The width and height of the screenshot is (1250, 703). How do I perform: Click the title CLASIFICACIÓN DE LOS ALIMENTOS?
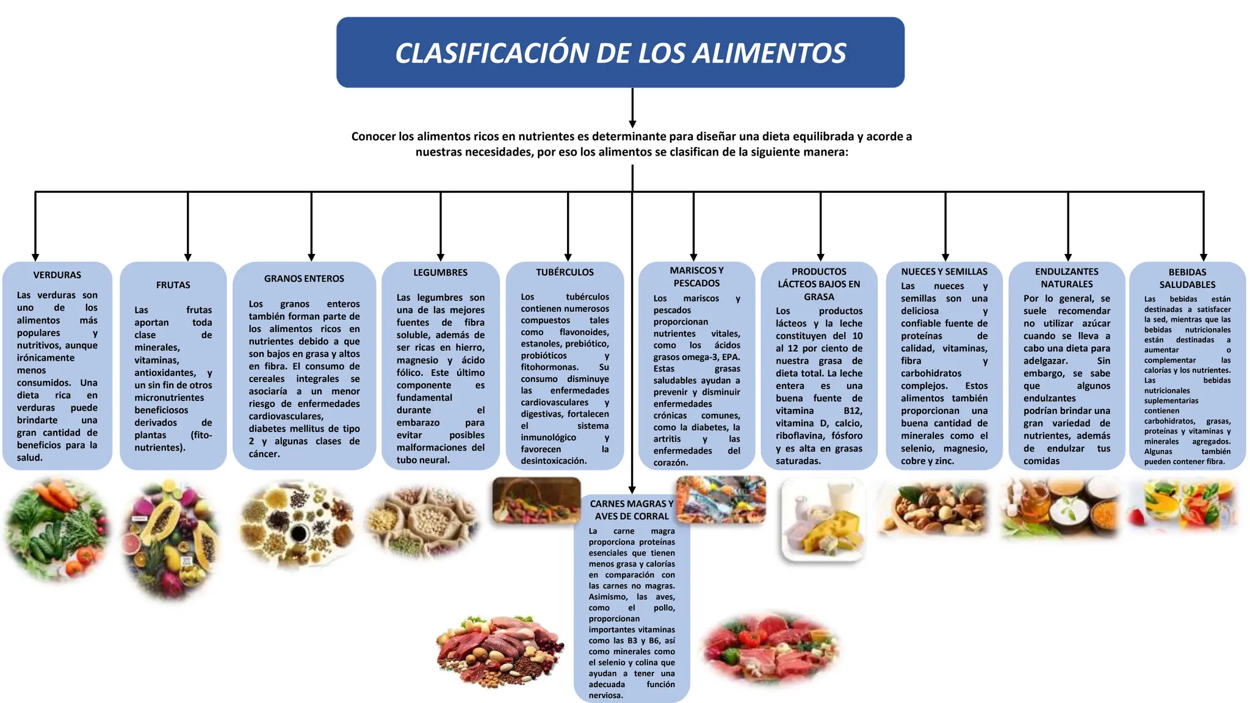point(620,52)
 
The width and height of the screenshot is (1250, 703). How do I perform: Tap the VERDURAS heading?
point(57,275)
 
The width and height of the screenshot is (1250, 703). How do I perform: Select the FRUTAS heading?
point(173,285)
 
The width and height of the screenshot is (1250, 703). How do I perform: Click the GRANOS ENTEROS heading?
point(304,279)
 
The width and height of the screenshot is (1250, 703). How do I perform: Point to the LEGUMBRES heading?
point(441,273)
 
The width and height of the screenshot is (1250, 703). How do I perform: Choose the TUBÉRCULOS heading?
point(565,272)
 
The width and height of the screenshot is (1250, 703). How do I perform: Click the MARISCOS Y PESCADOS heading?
point(696,276)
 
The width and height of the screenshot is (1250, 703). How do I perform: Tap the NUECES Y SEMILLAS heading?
point(944,272)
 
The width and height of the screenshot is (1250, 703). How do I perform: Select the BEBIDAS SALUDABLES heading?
point(1187,278)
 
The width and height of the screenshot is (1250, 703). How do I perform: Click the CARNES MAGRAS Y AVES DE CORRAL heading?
point(632,510)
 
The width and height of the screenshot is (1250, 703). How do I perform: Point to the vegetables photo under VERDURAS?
point(57,530)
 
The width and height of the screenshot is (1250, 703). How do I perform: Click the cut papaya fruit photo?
point(172,541)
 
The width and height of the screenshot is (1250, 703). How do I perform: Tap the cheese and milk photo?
point(823,519)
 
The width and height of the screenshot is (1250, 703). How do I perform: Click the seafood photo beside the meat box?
point(721,499)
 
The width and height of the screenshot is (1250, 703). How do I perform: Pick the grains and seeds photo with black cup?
point(297,524)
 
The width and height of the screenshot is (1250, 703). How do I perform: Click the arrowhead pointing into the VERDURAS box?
point(35,258)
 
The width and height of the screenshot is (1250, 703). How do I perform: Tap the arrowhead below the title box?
point(632,124)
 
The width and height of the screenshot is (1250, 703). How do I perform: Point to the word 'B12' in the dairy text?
point(853,411)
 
